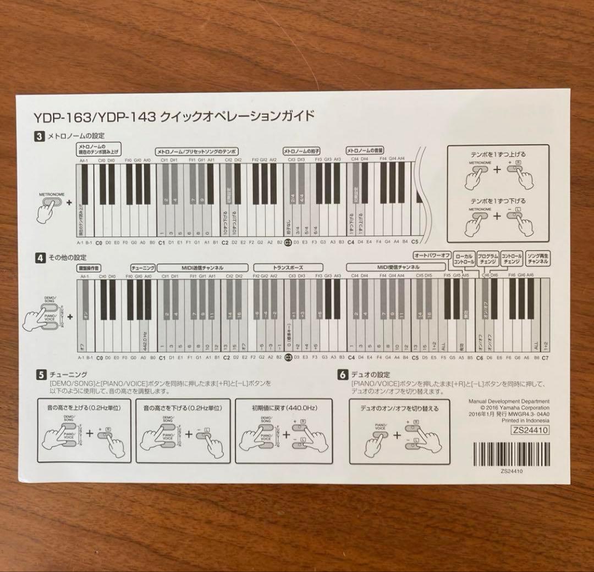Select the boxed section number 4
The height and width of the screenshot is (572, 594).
[x=39, y=257]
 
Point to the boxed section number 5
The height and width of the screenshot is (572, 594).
[x=41, y=375]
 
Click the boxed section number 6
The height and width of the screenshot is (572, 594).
[x=343, y=375]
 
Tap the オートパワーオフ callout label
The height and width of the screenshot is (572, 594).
[x=432, y=256]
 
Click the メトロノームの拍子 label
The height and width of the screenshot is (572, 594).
[x=301, y=151]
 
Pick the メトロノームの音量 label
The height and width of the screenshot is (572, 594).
[x=364, y=151]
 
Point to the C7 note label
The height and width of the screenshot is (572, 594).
[x=545, y=358]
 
